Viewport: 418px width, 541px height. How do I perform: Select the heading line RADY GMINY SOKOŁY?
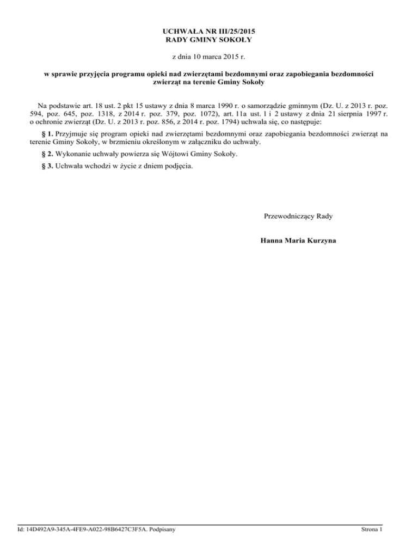[208, 40]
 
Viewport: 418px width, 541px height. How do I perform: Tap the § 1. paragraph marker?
[47, 133]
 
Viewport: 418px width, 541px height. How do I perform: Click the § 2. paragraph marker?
[47, 155]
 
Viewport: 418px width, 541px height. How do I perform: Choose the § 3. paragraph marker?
[47, 167]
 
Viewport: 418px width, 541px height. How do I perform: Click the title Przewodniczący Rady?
[298, 216]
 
